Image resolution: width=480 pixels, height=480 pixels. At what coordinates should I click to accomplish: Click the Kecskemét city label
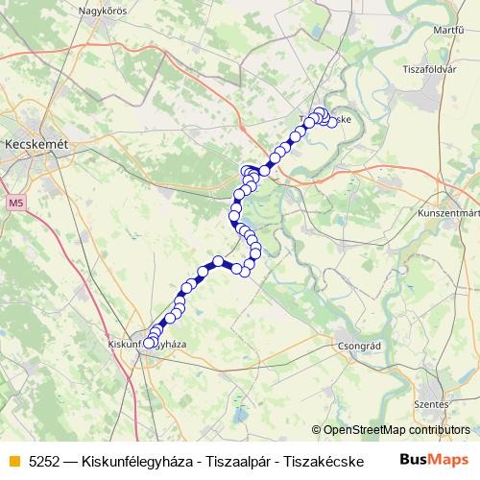click(36, 142)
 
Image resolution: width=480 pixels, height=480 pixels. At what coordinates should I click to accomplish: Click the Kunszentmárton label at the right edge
click(449, 213)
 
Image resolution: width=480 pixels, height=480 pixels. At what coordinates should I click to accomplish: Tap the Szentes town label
click(430, 405)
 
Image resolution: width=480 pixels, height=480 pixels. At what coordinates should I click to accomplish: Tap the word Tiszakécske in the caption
click(310, 460)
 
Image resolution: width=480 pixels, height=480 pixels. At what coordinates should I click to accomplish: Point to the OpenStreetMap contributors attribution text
click(396, 430)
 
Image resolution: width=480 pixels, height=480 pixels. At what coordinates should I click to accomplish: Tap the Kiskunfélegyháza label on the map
click(146, 343)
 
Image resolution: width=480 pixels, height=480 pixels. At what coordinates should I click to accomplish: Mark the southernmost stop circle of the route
click(149, 342)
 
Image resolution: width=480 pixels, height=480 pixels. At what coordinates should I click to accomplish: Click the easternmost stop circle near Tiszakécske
click(333, 122)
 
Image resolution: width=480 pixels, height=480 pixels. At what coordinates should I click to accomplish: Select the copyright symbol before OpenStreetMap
click(317, 430)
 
